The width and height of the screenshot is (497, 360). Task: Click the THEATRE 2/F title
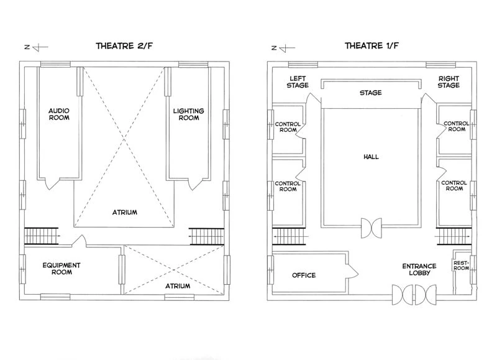point(124,46)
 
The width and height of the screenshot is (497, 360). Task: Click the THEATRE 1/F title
point(372,46)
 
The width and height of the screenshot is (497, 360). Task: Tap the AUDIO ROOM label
point(59,114)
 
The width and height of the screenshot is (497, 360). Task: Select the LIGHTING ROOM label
point(189,114)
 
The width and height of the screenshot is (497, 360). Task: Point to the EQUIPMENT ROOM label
point(62,269)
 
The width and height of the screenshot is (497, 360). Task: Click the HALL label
point(371,157)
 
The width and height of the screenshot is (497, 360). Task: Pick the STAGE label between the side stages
point(370,93)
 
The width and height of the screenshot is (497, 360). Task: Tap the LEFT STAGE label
point(298,82)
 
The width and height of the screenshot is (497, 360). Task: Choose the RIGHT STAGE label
point(449,82)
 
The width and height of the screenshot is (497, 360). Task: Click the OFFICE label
point(304,275)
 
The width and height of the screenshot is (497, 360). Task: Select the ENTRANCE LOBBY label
point(419,269)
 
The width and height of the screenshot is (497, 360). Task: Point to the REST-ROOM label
point(461,265)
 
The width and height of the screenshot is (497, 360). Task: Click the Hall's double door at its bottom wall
point(372,228)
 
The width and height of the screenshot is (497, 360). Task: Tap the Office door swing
point(352,271)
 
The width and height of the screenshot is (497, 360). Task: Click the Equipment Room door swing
point(80,240)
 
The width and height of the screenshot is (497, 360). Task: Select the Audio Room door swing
point(52,183)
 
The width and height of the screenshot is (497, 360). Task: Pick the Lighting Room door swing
point(194,184)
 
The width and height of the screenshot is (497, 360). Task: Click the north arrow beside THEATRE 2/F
point(36,47)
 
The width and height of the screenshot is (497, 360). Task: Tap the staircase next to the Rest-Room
point(454,237)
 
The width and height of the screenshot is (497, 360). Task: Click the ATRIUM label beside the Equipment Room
point(178,286)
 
